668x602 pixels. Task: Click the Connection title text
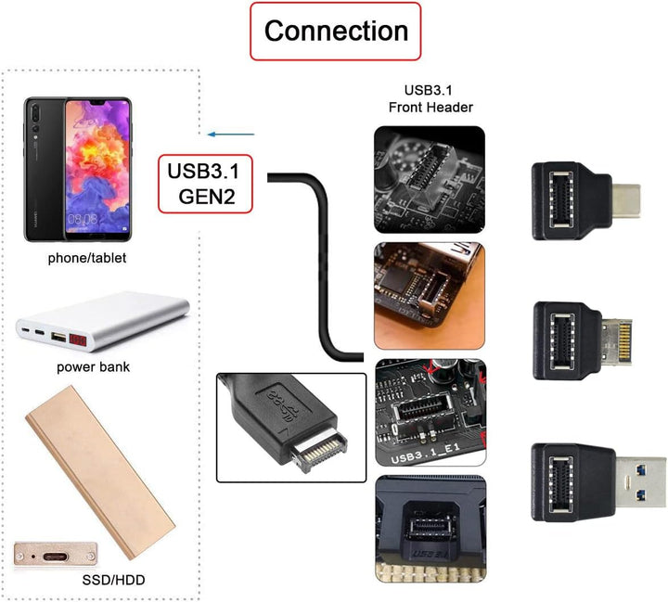coord(336,31)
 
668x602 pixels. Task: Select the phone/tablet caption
coord(86,258)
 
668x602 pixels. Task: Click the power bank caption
coord(93,366)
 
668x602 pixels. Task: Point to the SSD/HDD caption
coord(111,582)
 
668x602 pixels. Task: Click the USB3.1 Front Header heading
coord(430,98)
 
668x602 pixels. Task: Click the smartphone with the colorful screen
coord(97,167)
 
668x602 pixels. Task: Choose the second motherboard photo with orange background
coord(429,295)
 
